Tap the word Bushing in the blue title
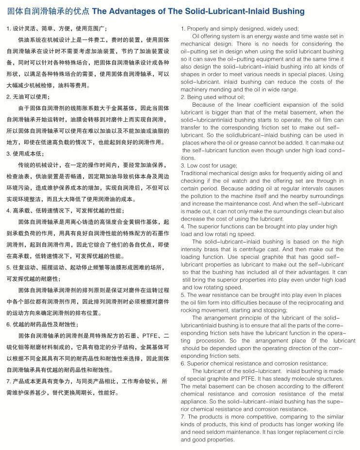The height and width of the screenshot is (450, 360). (x=288, y=11)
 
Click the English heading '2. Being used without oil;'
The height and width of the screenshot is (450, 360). (x=213, y=97)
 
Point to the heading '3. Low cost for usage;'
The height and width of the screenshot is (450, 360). (x=209, y=165)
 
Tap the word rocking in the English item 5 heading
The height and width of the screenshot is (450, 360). (x=191, y=309)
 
